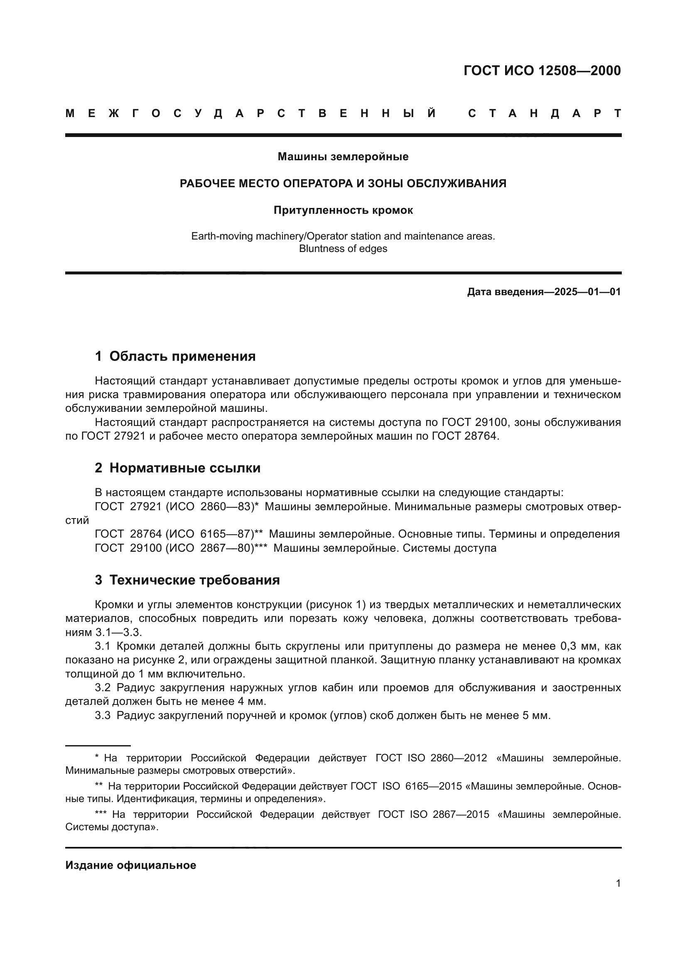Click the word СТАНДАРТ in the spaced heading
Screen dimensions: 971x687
coord(545,113)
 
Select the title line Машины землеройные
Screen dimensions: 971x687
coord(343,157)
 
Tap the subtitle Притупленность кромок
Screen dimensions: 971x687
coord(343,210)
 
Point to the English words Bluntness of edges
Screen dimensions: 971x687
coord(343,248)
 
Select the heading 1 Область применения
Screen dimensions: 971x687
coord(175,356)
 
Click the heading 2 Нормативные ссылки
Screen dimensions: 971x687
coord(178,468)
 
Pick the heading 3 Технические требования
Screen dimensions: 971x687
coord(187,580)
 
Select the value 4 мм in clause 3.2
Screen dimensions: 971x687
coord(251,701)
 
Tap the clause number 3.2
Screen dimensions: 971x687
coord(102,687)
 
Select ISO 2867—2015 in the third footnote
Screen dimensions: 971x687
coord(449,814)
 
